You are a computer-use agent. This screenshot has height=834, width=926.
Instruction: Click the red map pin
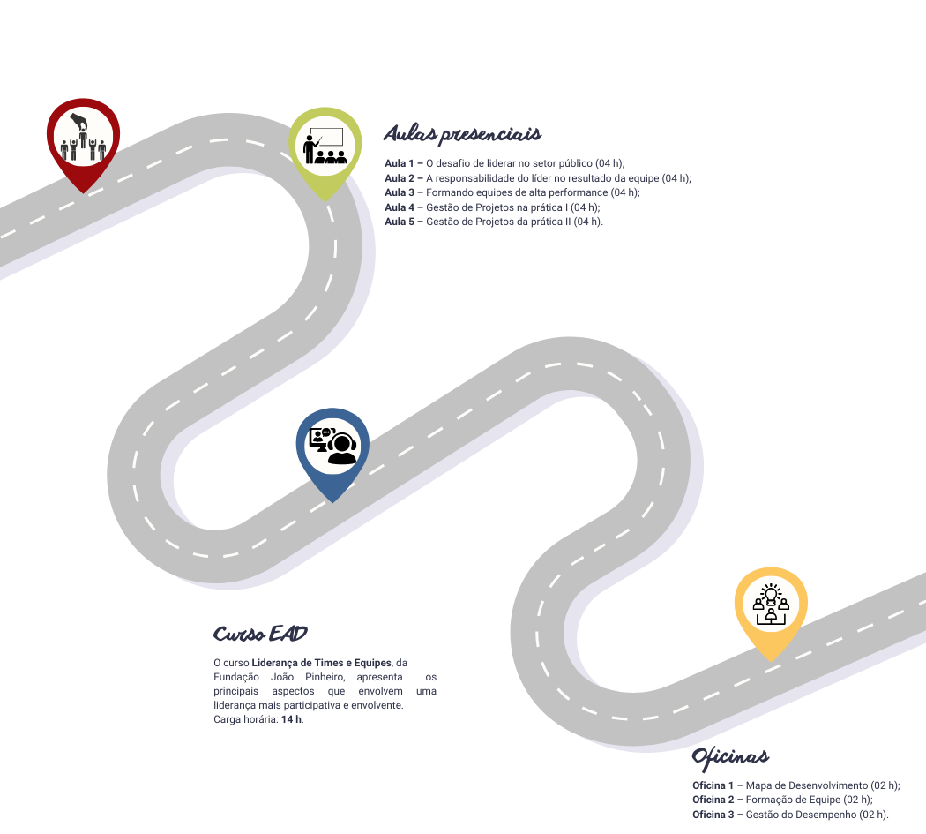[83, 142]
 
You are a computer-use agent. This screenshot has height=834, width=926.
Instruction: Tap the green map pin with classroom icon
[325, 151]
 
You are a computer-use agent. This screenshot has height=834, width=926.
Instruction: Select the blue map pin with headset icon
[332, 452]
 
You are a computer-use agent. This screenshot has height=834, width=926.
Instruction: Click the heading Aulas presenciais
[462, 134]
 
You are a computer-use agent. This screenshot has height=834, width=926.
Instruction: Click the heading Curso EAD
[260, 634]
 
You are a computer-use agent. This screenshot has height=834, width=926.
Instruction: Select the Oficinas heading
[730, 758]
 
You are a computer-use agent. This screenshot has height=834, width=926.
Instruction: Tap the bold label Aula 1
[400, 164]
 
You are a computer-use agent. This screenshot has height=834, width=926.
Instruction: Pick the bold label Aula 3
[400, 192]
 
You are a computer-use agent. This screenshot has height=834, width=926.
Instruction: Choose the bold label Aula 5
[400, 222]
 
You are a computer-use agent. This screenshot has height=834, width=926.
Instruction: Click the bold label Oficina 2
[713, 800]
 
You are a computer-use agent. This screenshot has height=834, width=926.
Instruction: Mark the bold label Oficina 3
[713, 815]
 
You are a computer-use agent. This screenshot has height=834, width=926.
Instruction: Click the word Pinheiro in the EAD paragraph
[325, 677]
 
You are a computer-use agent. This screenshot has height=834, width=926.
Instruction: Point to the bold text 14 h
[291, 719]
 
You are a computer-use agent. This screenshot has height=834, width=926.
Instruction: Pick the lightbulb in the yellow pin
[771, 593]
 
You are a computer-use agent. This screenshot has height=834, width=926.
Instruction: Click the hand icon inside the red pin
[79, 122]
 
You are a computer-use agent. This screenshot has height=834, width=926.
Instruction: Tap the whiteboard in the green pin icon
[326, 137]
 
